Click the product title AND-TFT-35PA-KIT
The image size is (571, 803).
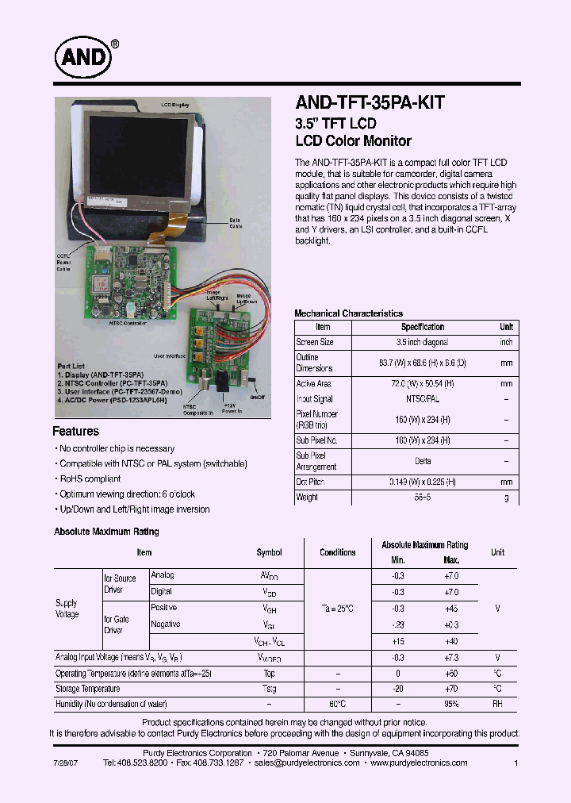coord(370,102)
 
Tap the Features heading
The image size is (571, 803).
coord(76,432)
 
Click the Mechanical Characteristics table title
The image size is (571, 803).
coord(348,313)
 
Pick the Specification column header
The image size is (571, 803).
coord(423,327)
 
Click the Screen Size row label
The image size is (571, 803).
coord(315,342)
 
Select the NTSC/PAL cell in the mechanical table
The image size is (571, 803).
coord(423,399)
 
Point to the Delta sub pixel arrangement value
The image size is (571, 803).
coord(423,461)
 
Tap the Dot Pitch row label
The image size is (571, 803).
coord(310,482)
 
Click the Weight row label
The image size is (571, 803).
coord(307,498)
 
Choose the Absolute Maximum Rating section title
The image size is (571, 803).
coord(106,532)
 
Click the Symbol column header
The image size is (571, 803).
coord(269,552)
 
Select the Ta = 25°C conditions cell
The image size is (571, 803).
coord(337,608)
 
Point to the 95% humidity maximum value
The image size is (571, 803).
coord(451,704)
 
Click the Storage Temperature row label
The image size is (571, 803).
coord(87,689)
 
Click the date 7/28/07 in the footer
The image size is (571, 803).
coord(67,763)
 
